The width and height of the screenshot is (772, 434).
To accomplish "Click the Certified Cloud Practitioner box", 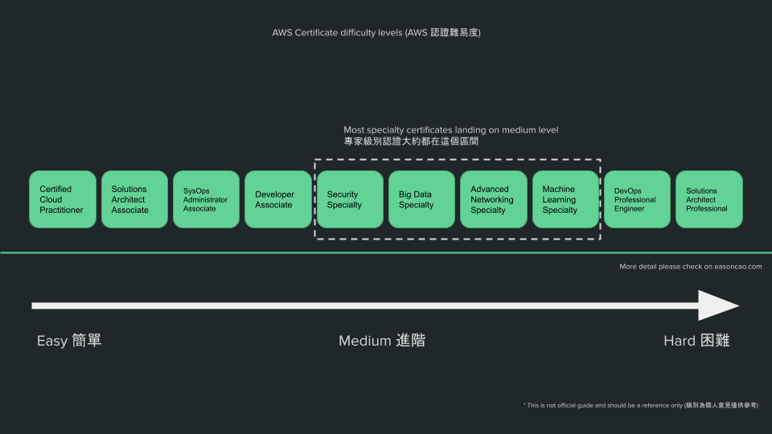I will tap(62, 199).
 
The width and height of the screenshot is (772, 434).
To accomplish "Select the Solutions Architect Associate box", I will tap(134, 199).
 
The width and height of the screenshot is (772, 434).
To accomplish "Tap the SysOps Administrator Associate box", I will tap(206, 199).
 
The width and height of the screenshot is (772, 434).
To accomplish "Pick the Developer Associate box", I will tap(277, 199).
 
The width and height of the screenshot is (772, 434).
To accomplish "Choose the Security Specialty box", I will tap(350, 199).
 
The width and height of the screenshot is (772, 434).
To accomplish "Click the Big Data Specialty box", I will tap(421, 199).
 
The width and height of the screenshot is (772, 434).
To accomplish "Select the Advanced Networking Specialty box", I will tap(493, 199).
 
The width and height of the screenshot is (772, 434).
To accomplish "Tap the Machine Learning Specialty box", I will tap(565, 199).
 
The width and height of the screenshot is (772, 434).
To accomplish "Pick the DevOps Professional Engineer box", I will tap(637, 199).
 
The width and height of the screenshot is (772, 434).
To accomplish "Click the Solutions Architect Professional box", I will tap(708, 199).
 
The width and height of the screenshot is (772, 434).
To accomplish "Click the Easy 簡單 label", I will tap(69, 341).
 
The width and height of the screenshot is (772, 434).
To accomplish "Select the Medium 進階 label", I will tap(381, 341).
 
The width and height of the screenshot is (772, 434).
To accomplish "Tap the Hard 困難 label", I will tap(696, 341).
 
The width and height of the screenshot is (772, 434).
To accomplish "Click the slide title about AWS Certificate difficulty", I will tap(376, 33).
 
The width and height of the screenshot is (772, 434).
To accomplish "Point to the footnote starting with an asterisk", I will tap(640, 405).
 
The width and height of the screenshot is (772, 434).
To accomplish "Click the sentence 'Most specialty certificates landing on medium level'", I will tap(450, 129).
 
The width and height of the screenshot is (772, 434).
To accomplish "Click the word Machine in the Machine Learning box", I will tap(559, 190).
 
